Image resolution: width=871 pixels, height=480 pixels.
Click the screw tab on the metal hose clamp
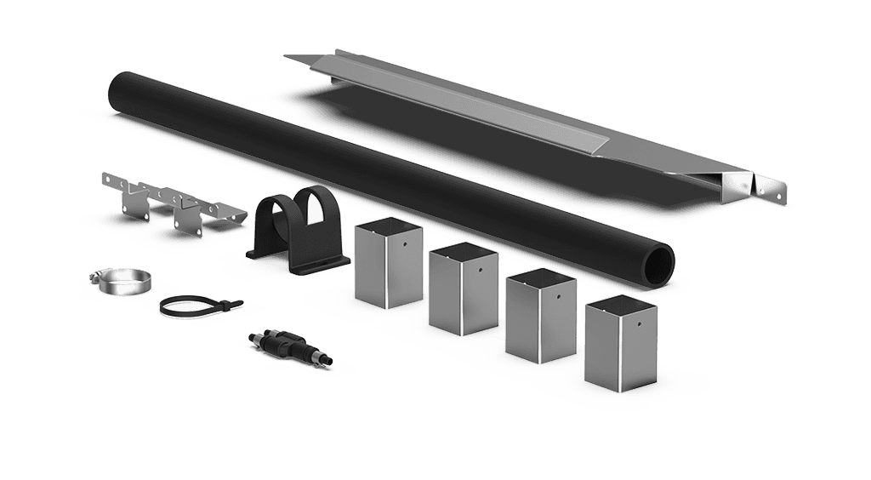95,277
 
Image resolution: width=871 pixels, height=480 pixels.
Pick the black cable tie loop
189,306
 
